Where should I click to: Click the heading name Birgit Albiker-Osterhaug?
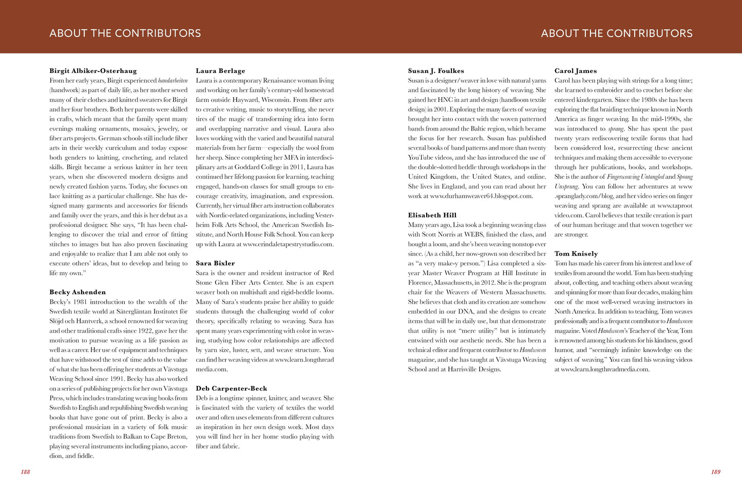tap(93, 71)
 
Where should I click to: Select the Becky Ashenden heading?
tap(78, 292)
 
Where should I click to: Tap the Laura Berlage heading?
tap(220, 71)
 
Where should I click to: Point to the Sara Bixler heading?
tap(215, 263)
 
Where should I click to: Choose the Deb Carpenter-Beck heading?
tap(232, 389)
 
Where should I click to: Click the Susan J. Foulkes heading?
tap(436, 71)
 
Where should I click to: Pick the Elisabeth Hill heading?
tap(432, 215)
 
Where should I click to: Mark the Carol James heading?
tap(576, 71)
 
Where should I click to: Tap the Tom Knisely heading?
tap(576, 254)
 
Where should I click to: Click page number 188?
tap(25, 472)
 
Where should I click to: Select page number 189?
tap(716, 472)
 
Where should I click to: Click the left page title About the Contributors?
tap(125, 33)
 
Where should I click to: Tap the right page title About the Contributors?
tap(617, 33)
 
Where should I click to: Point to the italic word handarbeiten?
tap(173, 81)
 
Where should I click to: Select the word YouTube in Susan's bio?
tap(420, 158)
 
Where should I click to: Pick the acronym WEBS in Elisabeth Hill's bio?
tap(473, 234)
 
